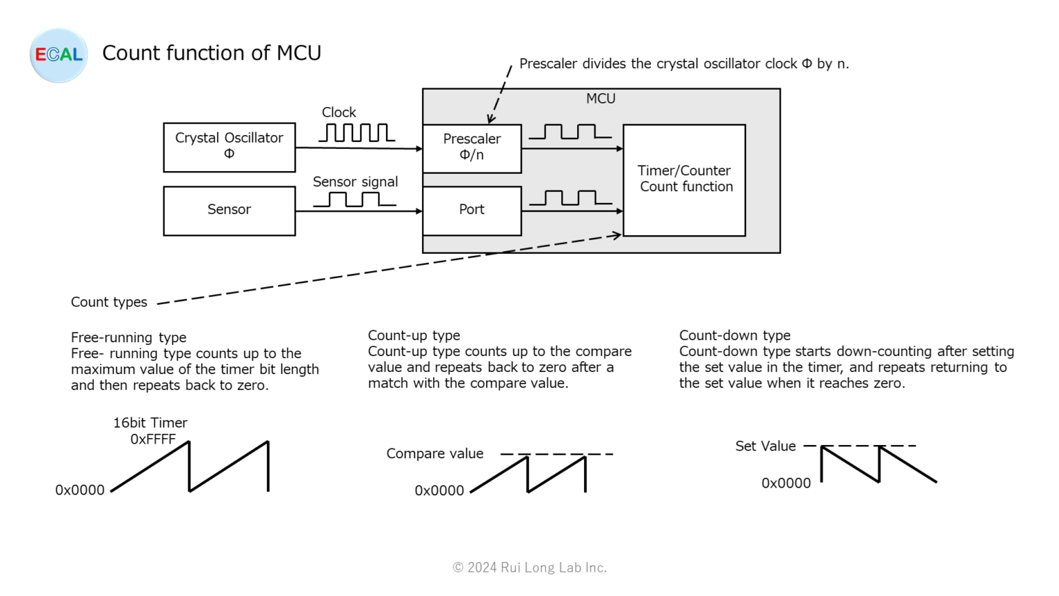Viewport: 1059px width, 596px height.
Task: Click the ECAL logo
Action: pyautogui.click(x=59, y=55)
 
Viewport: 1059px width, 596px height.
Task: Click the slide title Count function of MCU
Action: pyautogui.click(x=212, y=53)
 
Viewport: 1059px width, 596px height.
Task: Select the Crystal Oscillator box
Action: pyautogui.click(x=229, y=147)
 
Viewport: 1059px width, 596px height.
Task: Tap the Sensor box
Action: pyautogui.click(x=229, y=210)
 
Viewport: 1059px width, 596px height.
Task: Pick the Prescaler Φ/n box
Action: pyautogui.click(x=472, y=148)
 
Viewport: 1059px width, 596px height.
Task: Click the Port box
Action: pyautogui.click(x=472, y=210)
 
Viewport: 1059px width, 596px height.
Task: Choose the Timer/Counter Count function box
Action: pyautogui.click(x=684, y=179)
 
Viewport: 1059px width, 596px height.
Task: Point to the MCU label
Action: pyautogui.click(x=601, y=99)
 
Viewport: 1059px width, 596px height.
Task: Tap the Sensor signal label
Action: pyautogui.click(x=355, y=182)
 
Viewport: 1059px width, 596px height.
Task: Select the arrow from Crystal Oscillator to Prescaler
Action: pyautogui.click(x=359, y=148)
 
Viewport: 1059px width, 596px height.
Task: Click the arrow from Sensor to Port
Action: pyautogui.click(x=359, y=211)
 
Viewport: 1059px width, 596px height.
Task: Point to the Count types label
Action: pyautogui.click(x=109, y=302)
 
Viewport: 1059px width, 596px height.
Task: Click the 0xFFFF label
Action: pyautogui.click(x=153, y=439)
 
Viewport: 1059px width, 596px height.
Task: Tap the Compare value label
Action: pyautogui.click(x=434, y=454)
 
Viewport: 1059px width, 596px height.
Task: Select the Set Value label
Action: pyautogui.click(x=765, y=446)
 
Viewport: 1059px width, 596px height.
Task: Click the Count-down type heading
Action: pyautogui.click(x=735, y=335)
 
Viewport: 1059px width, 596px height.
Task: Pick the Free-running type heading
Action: pyautogui.click(x=129, y=337)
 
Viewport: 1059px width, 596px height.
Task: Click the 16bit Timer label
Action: pyautogui.click(x=150, y=423)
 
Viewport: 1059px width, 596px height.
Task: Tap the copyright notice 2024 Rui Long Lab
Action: pyautogui.click(x=529, y=568)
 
